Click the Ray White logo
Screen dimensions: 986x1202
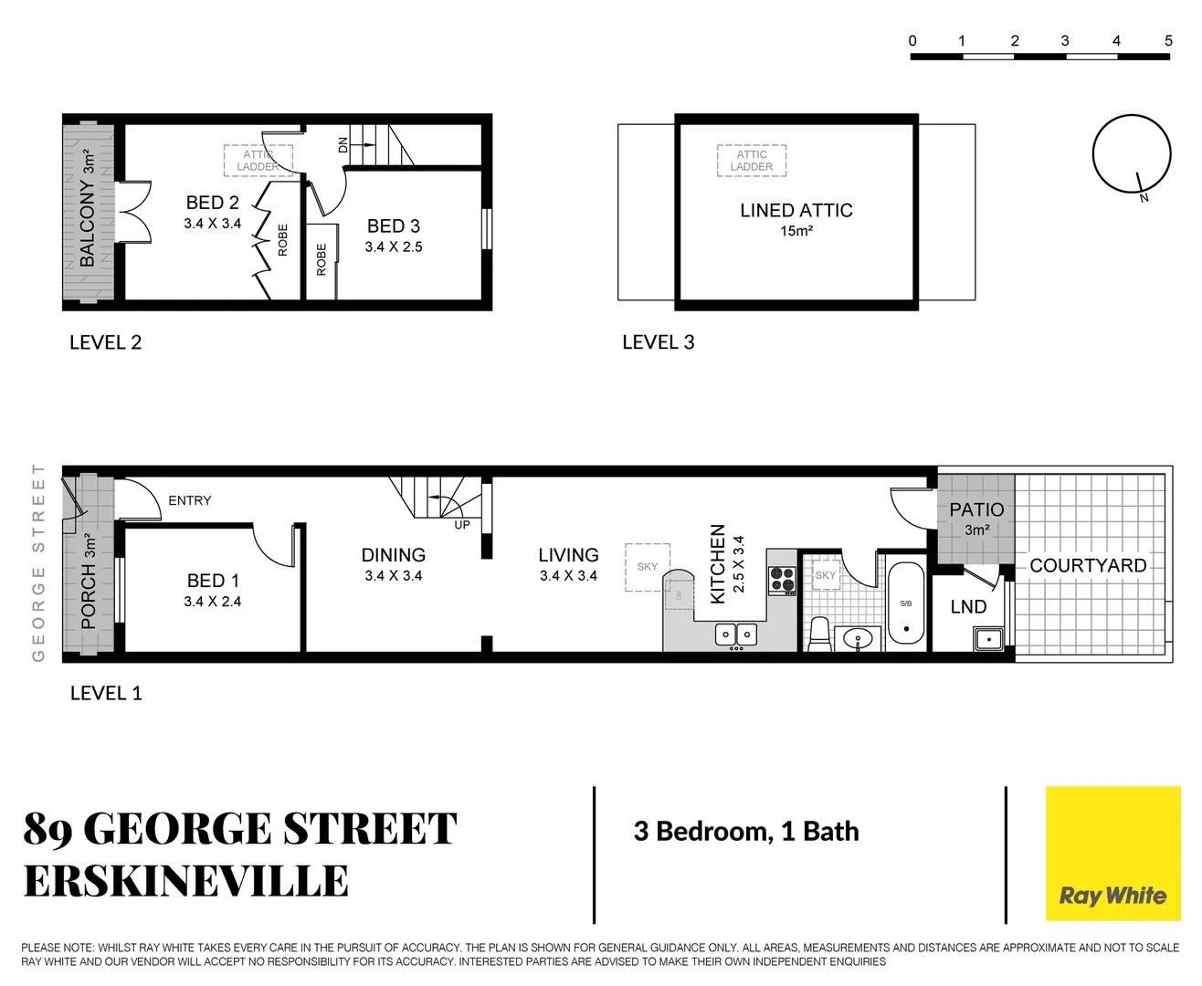[x=1112, y=855]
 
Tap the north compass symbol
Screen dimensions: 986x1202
[x=1131, y=154]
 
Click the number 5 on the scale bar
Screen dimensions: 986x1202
[x=1168, y=41]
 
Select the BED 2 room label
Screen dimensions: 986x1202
[x=212, y=203]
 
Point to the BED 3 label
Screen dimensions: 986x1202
[x=394, y=226]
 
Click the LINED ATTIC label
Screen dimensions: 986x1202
[x=796, y=211]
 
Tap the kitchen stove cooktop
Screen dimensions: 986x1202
[x=782, y=580]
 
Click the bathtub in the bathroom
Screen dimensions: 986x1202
[x=906, y=604]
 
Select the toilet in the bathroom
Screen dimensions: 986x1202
[x=819, y=635]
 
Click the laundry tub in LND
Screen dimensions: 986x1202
[x=988, y=638]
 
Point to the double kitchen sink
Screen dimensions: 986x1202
[x=736, y=634]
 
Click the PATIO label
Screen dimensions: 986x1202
[x=976, y=509]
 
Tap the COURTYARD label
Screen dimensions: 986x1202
[x=1088, y=566]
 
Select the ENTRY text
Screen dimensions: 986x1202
[x=190, y=500]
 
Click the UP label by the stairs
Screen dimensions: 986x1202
[x=462, y=525]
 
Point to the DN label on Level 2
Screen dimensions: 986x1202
[x=343, y=145]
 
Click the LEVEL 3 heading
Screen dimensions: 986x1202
[x=658, y=342]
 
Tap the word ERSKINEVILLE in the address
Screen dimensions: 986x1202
[x=186, y=882]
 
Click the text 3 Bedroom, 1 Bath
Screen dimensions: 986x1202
[x=746, y=832]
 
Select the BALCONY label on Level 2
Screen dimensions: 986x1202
[x=88, y=223]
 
